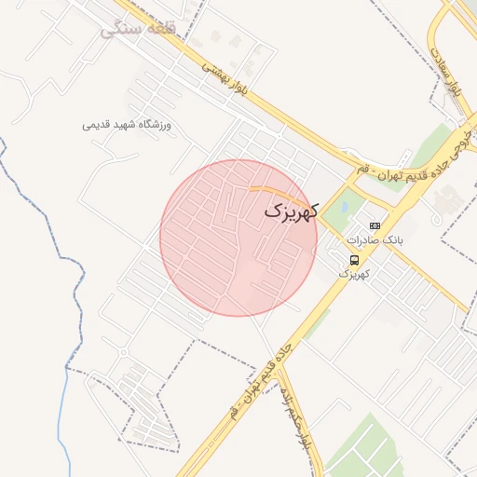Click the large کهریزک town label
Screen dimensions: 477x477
pos(291,212)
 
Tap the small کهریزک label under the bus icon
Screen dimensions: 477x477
pos(354,274)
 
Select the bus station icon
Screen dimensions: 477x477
pos(354,260)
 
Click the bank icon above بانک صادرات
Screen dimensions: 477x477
pos(375,225)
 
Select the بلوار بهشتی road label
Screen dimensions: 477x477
pos(226,78)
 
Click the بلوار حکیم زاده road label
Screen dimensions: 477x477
pos(300,419)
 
